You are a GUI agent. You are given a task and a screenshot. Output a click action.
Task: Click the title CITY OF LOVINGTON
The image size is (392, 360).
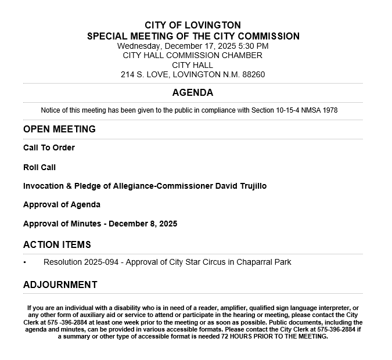pyautogui.click(x=192, y=26)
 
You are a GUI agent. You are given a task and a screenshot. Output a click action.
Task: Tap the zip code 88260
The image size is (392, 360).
pyautogui.click(x=253, y=74)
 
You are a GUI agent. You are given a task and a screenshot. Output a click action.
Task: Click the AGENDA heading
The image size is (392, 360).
pyautogui.click(x=192, y=93)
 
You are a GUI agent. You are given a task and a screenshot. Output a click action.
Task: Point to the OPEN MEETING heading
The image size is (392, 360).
pyautogui.click(x=59, y=129)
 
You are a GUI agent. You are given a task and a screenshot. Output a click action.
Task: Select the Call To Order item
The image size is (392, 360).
pyautogui.click(x=49, y=147)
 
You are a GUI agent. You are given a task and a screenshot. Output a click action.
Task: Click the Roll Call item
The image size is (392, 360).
pyautogui.click(x=39, y=167)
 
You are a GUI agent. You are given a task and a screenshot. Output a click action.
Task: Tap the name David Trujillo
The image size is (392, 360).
pyautogui.click(x=241, y=186)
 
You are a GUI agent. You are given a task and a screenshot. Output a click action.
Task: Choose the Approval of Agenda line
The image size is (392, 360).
pyautogui.click(x=62, y=204)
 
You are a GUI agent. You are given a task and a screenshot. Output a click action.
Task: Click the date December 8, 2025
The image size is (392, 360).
pyautogui.click(x=143, y=224)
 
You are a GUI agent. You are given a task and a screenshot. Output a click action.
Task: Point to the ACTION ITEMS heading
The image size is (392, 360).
pyautogui.click(x=57, y=244)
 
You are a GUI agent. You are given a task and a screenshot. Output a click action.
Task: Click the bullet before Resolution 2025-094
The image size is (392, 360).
pyautogui.click(x=25, y=262)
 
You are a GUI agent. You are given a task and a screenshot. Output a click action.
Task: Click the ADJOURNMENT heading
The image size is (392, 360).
pyautogui.click(x=60, y=285)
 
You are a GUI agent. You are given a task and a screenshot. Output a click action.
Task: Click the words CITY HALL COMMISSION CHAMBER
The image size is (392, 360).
pyautogui.click(x=192, y=55)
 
